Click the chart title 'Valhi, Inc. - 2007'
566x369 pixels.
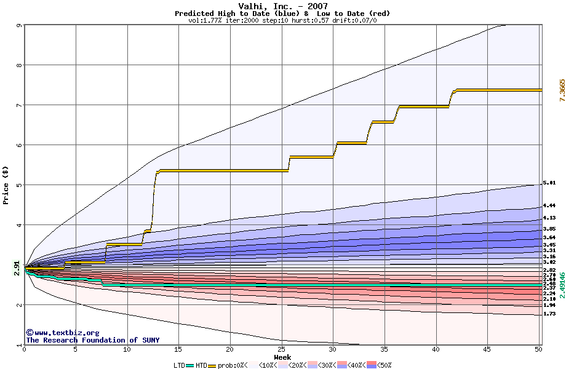(283, 6)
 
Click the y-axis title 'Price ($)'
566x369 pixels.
(6, 184)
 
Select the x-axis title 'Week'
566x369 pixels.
(283, 357)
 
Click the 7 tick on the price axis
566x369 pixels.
(18, 105)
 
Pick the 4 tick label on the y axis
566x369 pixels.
(18, 225)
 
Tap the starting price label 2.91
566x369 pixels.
(17, 265)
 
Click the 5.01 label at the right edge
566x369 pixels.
(549, 183)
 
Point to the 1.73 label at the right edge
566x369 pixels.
(549, 314)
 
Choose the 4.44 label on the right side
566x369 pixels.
(549, 206)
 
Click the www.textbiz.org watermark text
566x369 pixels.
(62, 333)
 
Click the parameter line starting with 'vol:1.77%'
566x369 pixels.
(282, 20)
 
